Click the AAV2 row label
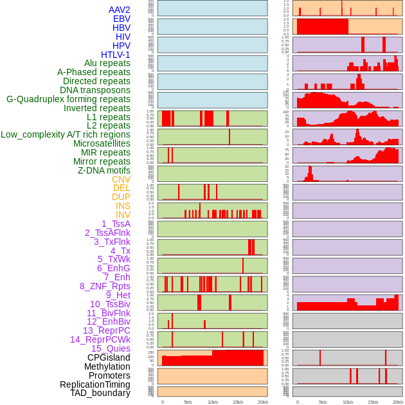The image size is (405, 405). tap(120, 10)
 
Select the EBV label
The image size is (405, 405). tap(122, 19)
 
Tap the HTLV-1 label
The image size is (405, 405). tap(116, 55)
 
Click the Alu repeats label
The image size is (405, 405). tap(107, 63)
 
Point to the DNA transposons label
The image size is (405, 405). tap(95, 90)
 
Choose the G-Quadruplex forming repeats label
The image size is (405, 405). tap(68, 99)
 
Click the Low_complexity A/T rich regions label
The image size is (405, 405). tap(66, 134)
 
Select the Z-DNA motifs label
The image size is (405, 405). tap(104, 170)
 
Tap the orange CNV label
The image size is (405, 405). tap(121, 179)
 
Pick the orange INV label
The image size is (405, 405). tap(123, 215)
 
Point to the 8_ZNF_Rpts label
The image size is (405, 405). tap(105, 286)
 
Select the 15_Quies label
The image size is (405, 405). tap(111, 348)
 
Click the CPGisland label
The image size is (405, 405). tap(109, 357)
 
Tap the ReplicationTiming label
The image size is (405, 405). tap(95, 384)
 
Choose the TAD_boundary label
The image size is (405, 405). tap(100, 393)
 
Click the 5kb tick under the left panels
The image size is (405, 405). tap(188, 402)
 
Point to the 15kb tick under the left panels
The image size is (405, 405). tap(237, 402)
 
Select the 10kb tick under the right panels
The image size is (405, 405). tap(348, 402)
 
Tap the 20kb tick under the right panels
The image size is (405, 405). tap(398, 402)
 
